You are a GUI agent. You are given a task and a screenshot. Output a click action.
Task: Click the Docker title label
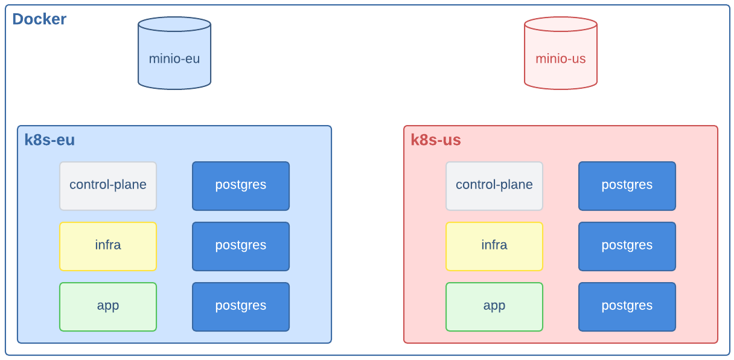point(39,19)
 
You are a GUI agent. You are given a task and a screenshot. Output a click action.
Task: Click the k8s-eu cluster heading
point(49,140)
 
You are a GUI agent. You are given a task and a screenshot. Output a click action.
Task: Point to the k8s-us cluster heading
point(436,140)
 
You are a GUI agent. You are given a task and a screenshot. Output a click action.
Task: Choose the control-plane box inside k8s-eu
point(108,185)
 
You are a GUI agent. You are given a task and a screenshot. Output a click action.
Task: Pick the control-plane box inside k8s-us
point(494,185)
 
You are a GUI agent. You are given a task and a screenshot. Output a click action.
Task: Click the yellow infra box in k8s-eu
point(108,246)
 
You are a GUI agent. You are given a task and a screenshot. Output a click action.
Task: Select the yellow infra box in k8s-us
point(494,246)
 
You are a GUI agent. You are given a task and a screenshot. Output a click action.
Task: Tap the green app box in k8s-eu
point(108,306)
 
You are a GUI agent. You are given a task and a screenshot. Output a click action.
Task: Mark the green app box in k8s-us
point(494,306)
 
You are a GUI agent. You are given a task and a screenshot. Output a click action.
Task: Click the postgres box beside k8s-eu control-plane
point(241,185)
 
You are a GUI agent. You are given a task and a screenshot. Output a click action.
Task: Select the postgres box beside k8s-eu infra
point(241,246)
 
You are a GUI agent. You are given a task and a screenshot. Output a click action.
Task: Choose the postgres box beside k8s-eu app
point(241,306)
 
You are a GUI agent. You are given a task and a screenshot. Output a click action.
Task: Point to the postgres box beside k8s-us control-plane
point(627,185)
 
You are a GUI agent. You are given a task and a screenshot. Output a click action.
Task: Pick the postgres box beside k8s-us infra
point(627,246)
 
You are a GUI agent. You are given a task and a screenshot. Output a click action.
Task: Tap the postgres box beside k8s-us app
point(627,306)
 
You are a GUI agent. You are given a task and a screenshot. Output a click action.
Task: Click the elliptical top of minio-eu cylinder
point(174,24)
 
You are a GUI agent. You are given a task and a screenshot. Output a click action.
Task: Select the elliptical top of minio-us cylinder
point(561,24)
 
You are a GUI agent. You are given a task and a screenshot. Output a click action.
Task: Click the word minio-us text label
point(561,59)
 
